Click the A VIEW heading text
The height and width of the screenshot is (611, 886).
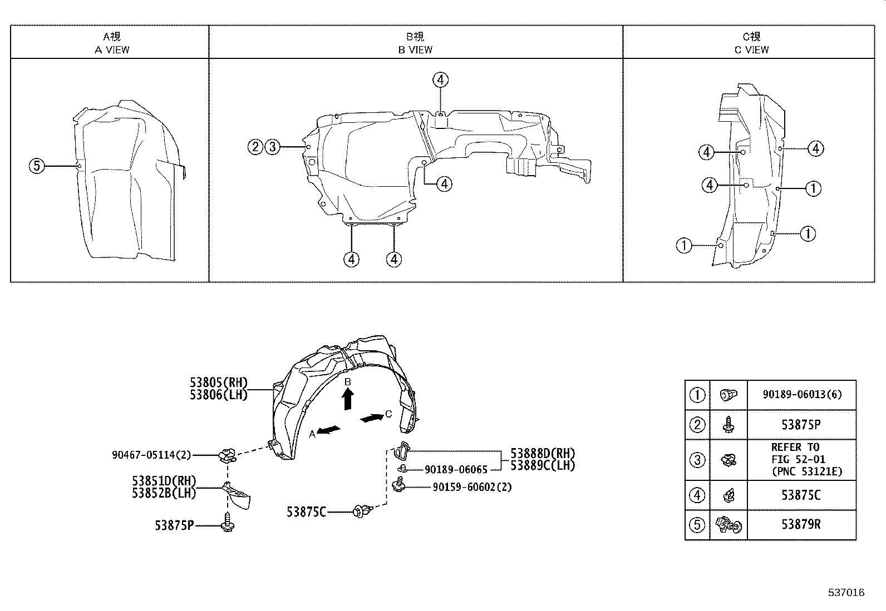coord(112,49)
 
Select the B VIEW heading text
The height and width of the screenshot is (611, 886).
coord(415,49)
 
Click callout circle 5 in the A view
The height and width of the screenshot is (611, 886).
coord(37,166)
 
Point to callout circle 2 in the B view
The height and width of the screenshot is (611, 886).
coord(255,147)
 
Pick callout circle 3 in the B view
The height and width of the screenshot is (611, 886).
coord(272,147)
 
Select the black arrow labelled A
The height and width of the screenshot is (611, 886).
coord(329,430)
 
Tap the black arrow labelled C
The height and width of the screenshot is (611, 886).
coord(371,418)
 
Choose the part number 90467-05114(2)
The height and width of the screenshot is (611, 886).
coord(151,455)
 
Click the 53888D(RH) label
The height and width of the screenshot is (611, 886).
coord(543,454)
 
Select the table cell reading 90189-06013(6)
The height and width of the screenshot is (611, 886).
coord(801,395)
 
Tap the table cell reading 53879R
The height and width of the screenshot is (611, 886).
coord(801,525)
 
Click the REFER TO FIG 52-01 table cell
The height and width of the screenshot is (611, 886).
coord(801,460)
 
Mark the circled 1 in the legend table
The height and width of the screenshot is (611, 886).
coord(697,395)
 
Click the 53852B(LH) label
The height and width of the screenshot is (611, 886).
coord(164,493)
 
